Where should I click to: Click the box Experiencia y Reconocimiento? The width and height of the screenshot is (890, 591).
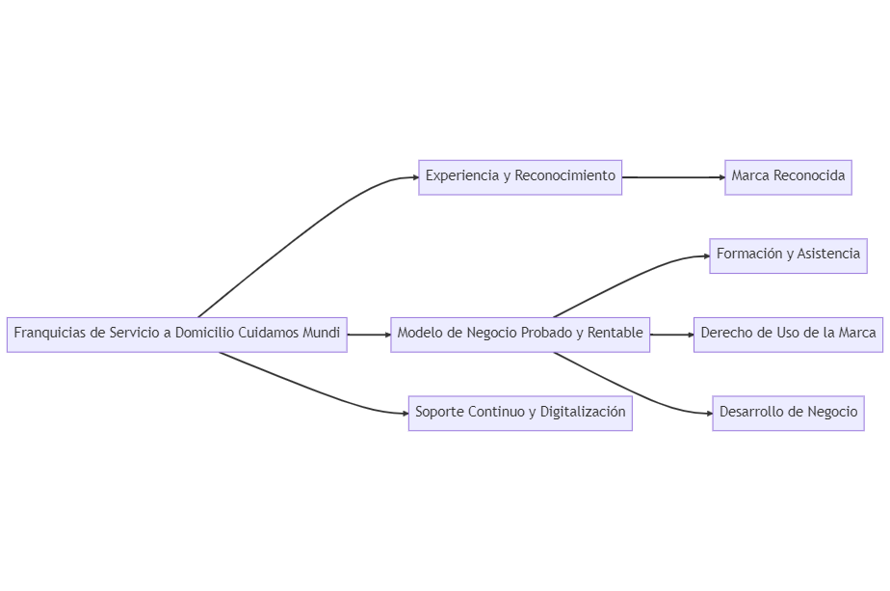point(520,176)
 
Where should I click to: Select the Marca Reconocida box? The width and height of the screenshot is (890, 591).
point(788,176)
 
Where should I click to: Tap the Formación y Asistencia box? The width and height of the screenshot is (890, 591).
point(788,255)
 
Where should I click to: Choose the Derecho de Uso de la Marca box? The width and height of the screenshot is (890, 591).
point(788,334)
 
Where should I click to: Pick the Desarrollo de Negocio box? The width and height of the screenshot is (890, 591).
point(788,413)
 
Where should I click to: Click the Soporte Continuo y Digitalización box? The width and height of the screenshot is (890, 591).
point(520,413)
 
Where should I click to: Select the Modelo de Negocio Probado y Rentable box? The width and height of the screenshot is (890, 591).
point(520,334)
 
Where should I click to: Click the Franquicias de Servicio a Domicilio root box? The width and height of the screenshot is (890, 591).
point(176,334)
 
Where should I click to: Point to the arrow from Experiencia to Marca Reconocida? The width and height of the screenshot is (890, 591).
point(673,177)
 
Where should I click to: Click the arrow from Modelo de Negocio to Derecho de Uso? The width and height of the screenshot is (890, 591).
point(671,335)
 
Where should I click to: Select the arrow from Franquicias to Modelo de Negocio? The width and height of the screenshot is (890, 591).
point(368,335)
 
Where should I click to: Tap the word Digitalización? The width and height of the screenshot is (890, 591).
point(583,413)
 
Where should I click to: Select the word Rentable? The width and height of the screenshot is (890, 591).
point(615,334)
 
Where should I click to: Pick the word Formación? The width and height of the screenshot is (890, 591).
point(749,255)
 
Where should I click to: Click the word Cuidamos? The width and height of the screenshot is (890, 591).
point(268,334)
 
